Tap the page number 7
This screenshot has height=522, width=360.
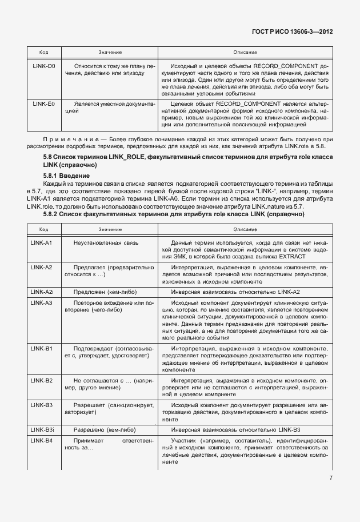[x=331, y=478]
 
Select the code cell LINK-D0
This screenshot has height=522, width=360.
[x=43, y=66]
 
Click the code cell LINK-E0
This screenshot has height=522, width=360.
[x=43, y=104]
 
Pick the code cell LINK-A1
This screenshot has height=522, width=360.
[x=42, y=242]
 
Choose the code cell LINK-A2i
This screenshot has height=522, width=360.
[x=43, y=292]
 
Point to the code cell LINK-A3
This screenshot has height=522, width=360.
[x=42, y=302]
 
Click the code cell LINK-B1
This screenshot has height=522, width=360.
[x=42, y=348]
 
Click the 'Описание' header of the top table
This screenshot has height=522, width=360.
[x=245, y=52]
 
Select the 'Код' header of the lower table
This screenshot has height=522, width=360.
[x=43, y=229]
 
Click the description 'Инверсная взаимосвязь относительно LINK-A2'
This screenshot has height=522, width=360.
[x=235, y=292]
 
